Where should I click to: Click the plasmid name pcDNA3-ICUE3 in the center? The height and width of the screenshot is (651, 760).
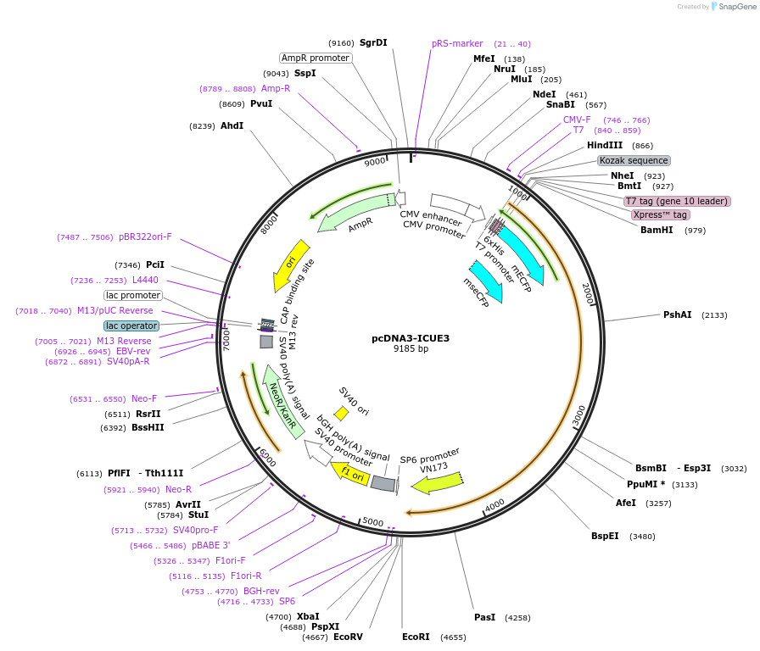pos(411,338)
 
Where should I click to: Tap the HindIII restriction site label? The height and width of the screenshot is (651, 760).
pos(605,145)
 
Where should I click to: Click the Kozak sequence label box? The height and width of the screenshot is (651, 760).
pos(634,160)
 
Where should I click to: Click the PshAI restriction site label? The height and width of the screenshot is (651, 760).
pos(677,314)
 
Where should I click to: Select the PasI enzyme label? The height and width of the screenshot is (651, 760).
pos(484,617)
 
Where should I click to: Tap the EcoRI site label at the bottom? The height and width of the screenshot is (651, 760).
pos(416,637)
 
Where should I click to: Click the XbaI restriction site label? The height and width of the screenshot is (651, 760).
pos(308,616)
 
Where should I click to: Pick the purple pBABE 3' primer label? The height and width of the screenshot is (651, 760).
pos(210,546)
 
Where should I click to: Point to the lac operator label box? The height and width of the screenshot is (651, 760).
pos(131,325)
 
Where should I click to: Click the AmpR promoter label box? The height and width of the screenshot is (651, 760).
pos(316,58)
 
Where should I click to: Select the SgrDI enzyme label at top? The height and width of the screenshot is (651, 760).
pos(373,42)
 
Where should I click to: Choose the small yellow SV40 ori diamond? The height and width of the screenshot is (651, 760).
pos(341,414)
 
